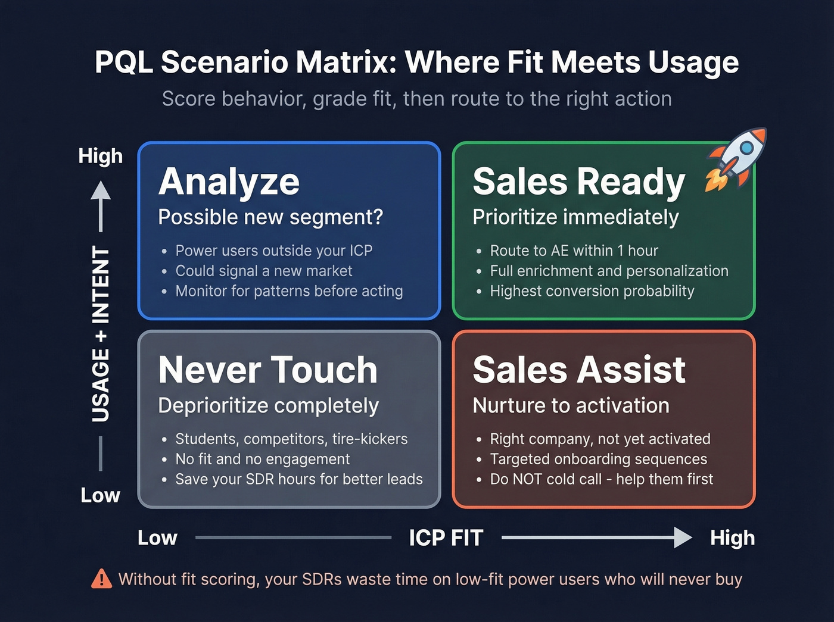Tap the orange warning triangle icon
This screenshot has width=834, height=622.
[x=101, y=579]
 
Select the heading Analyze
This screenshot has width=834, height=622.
[x=229, y=182]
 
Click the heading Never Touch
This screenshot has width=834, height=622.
[x=267, y=370]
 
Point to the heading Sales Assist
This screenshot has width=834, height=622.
[x=578, y=370]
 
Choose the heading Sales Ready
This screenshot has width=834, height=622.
[x=578, y=182]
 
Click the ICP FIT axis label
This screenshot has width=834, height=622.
[x=446, y=538]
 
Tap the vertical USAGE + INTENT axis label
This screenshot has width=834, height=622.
[x=101, y=334]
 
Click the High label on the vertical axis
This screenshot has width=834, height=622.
[x=100, y=156]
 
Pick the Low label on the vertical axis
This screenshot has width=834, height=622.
[x=100, y=495]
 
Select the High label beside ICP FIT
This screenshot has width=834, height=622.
[x=732, y=538]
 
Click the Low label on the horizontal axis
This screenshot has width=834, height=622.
[x=157, y=538]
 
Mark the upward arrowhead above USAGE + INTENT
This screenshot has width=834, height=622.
[x=101, y=190]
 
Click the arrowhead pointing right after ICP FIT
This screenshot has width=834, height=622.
[x=683, y=537]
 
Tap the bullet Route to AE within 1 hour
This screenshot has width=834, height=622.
[x=574, y=251]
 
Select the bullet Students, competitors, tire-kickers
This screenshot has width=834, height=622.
[x=291, y=439]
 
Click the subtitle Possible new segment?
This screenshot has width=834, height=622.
[x=270, y=217]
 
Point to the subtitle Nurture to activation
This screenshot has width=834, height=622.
[x=571, y=406]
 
